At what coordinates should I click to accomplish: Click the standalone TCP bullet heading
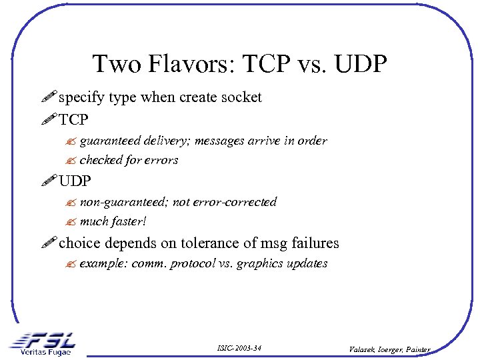73,120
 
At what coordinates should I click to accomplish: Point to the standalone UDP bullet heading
75,181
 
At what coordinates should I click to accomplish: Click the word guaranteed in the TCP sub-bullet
108,141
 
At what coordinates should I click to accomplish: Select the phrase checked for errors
129,161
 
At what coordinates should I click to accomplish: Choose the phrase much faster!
113,221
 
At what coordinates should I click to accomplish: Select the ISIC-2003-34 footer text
239,348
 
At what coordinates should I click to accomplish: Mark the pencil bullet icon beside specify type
49,98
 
